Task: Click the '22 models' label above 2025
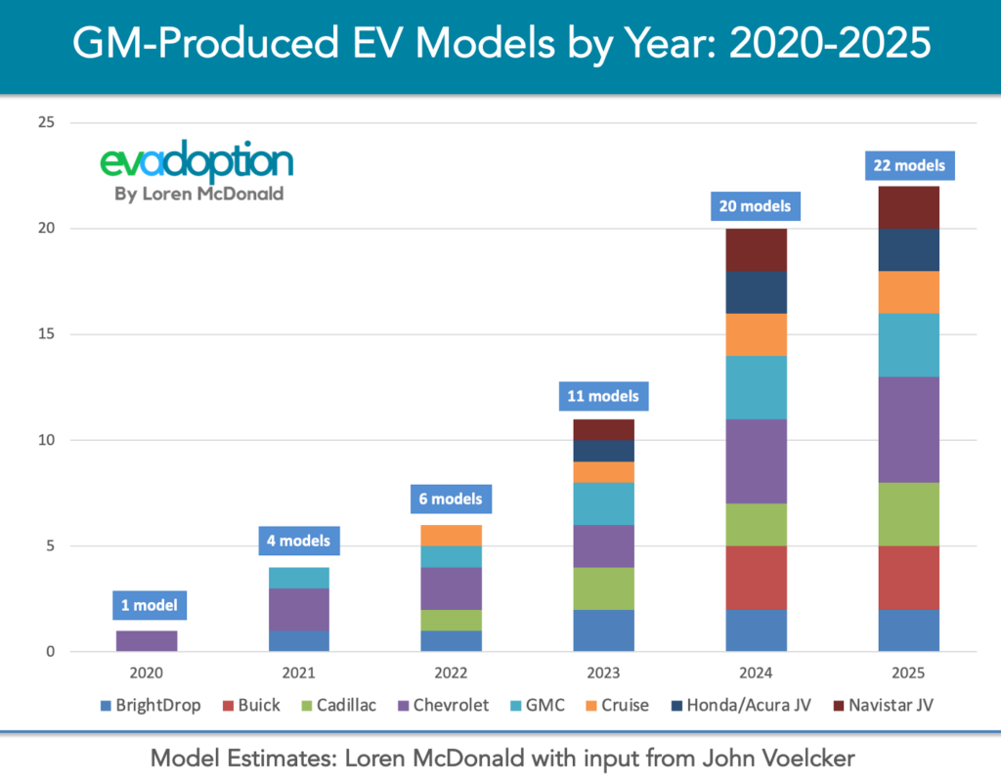[908, 165]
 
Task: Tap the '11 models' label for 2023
[603, 396]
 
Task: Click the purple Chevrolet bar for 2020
[146, 641]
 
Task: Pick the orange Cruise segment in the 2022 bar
[451, 536]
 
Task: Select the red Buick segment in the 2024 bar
[756, 578]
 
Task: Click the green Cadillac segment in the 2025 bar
[908, 514]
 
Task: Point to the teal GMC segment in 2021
[298, 578]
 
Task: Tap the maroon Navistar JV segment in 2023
[603, 429]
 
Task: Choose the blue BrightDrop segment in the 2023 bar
[603, 631]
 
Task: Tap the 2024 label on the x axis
[756, 674]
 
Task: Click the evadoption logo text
[196, 161]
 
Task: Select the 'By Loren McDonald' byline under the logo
[198, 194]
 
